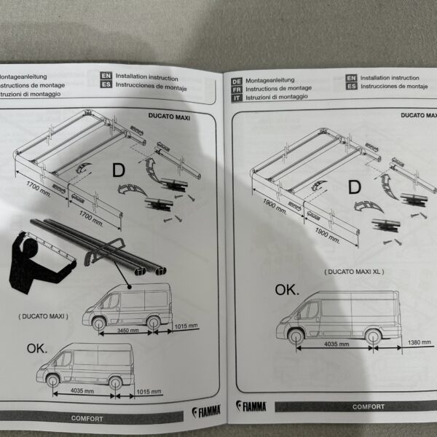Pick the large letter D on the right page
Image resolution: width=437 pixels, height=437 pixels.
354,187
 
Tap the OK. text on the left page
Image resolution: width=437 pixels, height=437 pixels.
36,348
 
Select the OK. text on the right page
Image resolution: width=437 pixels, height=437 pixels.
286,290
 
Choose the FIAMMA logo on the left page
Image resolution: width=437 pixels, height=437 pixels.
208,412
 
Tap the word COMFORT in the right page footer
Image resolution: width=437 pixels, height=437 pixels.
369,407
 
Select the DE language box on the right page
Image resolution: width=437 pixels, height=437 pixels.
237,80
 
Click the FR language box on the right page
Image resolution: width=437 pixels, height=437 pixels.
237,88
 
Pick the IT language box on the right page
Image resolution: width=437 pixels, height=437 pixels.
237,96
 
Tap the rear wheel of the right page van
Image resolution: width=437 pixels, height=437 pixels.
372,336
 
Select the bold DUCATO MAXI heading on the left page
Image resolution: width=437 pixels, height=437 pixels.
168,116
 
